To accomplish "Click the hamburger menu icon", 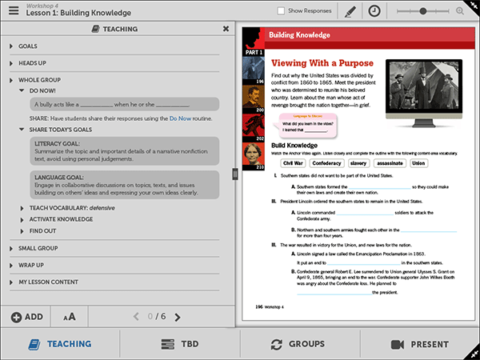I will [x=12, y=10].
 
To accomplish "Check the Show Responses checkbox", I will [x=281, y=11].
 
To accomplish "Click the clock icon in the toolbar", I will [x=374, y=11].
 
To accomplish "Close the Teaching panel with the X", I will [x=226, y=29].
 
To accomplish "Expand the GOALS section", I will [x=28, y=46].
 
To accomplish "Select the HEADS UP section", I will [x=32, y=63].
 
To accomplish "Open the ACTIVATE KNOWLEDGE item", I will [x=62, y=219].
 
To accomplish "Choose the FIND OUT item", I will [x=42, y=230].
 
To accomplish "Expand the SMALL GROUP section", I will [x=38, y=248].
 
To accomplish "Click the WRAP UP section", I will [x=31, y=265].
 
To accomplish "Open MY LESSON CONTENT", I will [x=48, y=282].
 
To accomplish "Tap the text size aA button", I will [x=70, y=317].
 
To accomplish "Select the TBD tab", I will [x=180, y=344].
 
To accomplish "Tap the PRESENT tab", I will [x=420, y=344].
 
